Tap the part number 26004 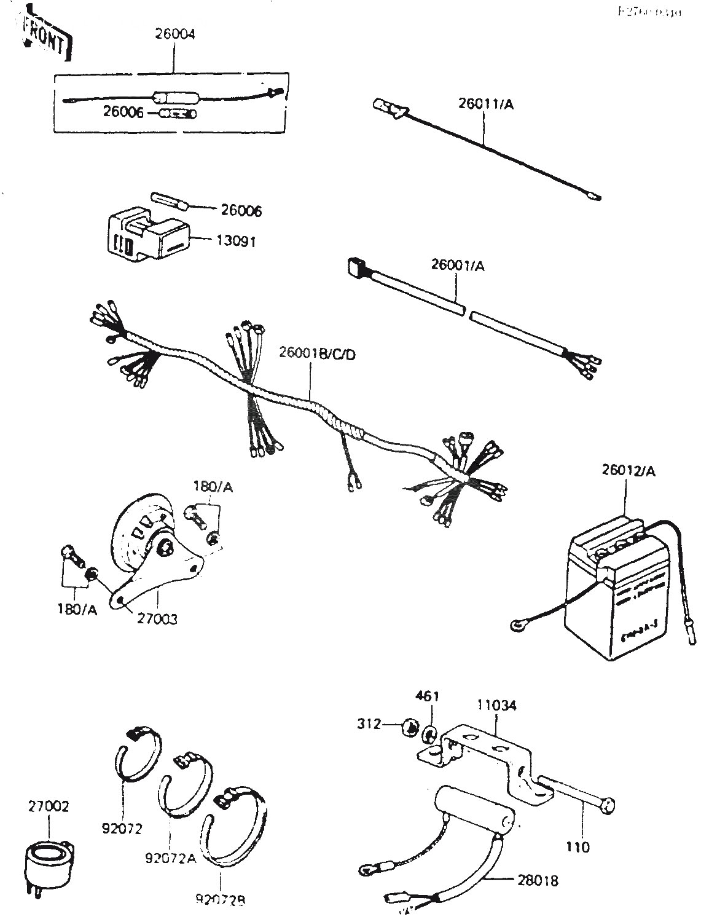point(174,34)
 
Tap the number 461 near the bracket point(427,696)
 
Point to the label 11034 point(497,705)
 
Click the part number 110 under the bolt point(578,847)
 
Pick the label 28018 point(538,881)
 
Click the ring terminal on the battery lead point(517,626)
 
